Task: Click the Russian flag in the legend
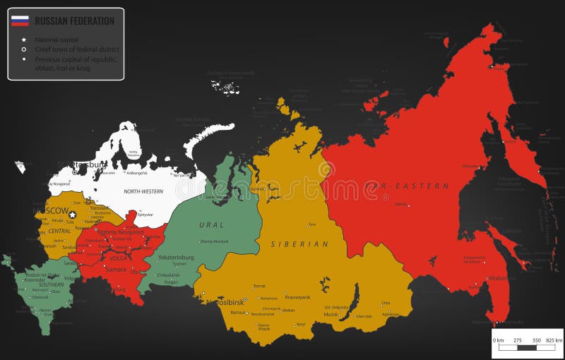point(20,21)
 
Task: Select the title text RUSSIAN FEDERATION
point(74,21)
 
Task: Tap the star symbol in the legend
point(24,40)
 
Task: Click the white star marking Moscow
point(72,215)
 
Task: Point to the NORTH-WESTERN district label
point(143,191)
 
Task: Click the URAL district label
point(211,225)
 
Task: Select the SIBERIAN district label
point(299,244)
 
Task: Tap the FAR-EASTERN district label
point(407,186)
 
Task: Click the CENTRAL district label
point(60,231)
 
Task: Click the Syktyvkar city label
point(145,214)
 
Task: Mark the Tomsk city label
point(259,286)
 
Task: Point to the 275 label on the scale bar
point(517,341)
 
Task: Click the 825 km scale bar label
point(553,341)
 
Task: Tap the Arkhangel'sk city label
point(136,172)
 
